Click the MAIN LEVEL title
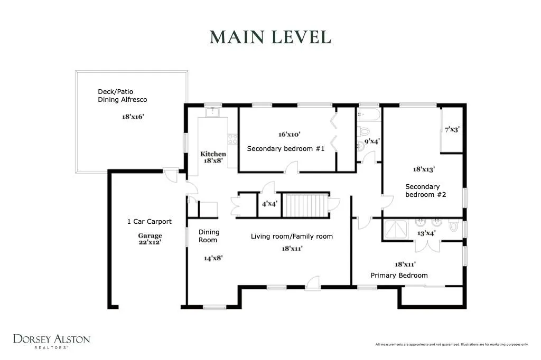point(270,37)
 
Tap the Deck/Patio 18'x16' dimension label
point(133,117)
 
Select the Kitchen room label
point(213,154)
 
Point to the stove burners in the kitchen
point(232,139)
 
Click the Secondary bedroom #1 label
point(286,149)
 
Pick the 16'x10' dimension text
point(289,135)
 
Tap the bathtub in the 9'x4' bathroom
point(369,114)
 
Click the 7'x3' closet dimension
point(452,129)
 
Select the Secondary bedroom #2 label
point(425,191)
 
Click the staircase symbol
point(305,205)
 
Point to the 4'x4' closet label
point(269,204)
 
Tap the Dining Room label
point(209,236)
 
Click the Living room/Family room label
point(292,236)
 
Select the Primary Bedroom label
point(399,275)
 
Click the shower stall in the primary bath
point(396,229)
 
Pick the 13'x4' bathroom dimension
point(426,233)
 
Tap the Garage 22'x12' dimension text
point(150,239)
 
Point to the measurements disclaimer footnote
point(452,344)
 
